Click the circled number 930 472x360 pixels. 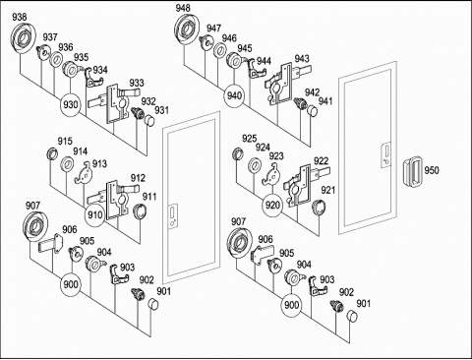coord(71,105)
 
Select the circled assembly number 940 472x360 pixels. coord(234,96)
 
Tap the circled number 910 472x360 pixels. coord(95,215)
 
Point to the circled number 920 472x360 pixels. coord(272,206)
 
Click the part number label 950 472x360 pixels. coord(432,170)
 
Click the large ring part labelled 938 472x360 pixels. coord(23,38)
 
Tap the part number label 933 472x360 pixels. coord(137,83)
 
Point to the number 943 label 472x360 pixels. coord(302,59)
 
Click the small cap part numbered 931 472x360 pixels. coord(149,120)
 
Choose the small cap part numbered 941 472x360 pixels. coord(313,111)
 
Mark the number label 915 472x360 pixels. coord(65,142)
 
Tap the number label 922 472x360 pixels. coord(321,161)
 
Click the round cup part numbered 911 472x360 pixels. coord(141,211)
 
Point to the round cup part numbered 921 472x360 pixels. coord(319,208)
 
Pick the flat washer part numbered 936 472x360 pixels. coord(56,59)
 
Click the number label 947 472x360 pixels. coord(213,29)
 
